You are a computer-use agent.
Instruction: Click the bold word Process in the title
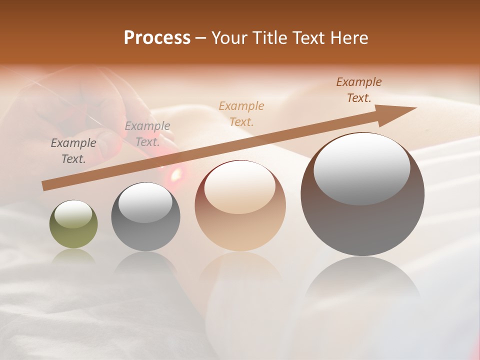click(x=157, y=38)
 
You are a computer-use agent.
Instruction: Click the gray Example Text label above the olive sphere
click(x=73, y=151)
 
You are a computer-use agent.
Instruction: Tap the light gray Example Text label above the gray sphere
click(x=147, y=134)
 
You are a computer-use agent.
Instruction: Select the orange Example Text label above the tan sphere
click(x=241, y=113)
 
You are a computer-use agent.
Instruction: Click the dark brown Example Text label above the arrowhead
click(x=359, y=90)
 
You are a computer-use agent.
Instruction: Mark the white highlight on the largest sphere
click(x=361, y=169)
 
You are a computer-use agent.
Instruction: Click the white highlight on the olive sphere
click(x=73, y=214)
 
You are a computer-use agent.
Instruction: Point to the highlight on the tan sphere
click(x=240, y=187)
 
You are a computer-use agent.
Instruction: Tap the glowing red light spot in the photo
click(x=175, y=174)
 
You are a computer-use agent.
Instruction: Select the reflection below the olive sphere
click(x=73, y=256)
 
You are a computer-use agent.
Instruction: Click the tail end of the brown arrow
click(x=45, y=186)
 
